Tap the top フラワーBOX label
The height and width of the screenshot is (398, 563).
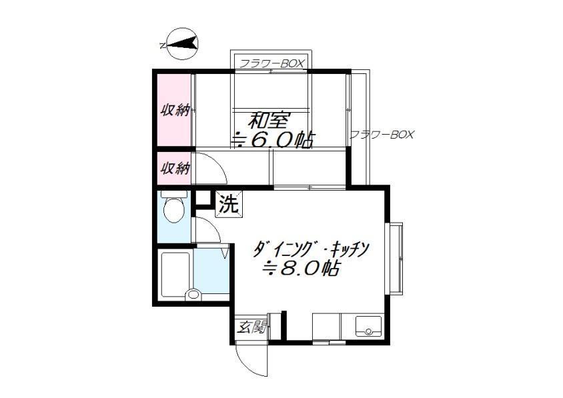point(271,63)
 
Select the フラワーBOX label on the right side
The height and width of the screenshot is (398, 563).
point(382,135)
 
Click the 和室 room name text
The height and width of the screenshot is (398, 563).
point(269,121)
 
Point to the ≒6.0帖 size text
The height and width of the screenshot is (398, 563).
point(273,139)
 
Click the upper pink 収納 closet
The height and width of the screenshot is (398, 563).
point(174,110)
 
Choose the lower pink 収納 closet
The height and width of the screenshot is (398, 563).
point(174,168)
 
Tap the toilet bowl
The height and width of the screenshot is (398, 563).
point(174,210)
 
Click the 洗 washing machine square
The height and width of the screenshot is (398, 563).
point(229,204)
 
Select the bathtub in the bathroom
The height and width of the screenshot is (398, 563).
point(175,275)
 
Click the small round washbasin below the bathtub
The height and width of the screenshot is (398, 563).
point(193,295)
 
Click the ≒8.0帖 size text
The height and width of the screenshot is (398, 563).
point(301,268)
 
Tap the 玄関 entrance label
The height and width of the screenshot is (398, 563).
point(252,327)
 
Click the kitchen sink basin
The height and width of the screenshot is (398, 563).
point(368,326)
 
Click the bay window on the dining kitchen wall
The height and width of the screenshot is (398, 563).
point(394,259)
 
